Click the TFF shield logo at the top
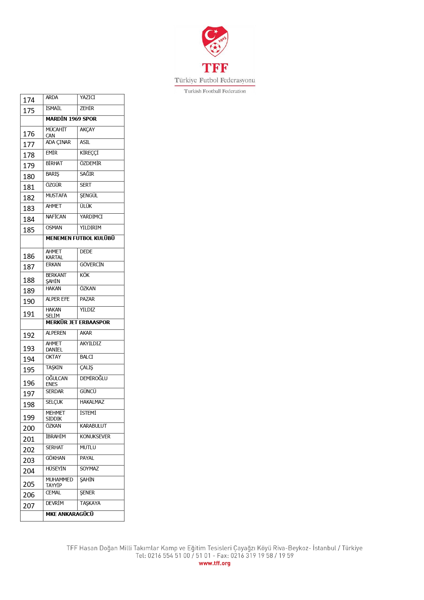[215, 41]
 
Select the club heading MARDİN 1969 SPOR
[71, 119]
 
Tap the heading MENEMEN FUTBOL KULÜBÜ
[80, 238]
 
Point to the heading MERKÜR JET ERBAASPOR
[78, 322]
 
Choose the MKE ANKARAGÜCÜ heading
[70, 514]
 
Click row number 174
[29, 100]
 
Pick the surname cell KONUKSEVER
[95, 437]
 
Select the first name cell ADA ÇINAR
[58, 142]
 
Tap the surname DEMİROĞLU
[94, 378]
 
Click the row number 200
[29, 428]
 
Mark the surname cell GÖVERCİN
[92, 265]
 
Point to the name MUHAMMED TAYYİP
[59, 482]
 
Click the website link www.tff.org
[215, 563]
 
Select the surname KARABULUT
[93, 426]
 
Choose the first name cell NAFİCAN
[56, 217]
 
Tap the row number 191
[29, 314]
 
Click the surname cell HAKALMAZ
[92, 402]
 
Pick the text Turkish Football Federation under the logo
[215, 91]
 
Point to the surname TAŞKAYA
[90, 503]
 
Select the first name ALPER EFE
[57, 299]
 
